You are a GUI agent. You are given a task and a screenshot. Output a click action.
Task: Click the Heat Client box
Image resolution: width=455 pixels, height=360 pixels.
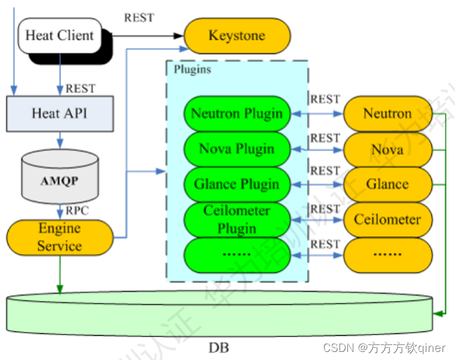tap(59, 35)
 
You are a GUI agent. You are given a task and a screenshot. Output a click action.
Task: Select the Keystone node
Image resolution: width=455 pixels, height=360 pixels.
tap(237, 35)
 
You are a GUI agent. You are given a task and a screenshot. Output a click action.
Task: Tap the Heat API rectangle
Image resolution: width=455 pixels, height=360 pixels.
tap(60, 113)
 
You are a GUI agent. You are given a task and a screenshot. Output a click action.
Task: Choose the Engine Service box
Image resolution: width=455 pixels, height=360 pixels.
tap(60, 237)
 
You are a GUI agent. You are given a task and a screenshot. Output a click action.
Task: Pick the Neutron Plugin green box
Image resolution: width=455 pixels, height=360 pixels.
tap(237, 114)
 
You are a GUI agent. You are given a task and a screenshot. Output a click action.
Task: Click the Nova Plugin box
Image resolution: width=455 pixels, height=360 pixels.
tap(237, 149)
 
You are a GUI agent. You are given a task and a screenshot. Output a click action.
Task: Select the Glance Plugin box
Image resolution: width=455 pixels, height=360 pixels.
tap(237, 184)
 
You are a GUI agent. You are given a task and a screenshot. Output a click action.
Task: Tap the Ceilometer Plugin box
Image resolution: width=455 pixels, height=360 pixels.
tap(237, 219)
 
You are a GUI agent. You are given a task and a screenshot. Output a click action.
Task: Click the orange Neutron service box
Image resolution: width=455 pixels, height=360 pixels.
tap(388, 114)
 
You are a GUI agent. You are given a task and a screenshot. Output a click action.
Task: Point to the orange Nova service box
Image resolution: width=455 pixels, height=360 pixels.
tap(388, 149)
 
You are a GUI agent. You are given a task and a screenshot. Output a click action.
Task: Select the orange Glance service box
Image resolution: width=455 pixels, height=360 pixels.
tap(388, 184)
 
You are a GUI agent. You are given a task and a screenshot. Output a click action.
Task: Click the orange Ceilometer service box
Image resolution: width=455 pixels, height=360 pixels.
tap(388, 219)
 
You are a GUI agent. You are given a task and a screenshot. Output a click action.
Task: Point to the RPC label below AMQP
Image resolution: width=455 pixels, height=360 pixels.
tap(77, 210)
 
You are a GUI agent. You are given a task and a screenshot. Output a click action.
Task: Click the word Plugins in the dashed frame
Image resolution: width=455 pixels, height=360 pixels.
tap(192, 69)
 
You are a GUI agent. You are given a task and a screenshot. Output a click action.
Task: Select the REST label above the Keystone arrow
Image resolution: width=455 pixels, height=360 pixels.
tap(138, 17)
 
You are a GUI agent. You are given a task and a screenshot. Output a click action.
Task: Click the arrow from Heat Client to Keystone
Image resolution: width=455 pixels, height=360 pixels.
tap(149, 35)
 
